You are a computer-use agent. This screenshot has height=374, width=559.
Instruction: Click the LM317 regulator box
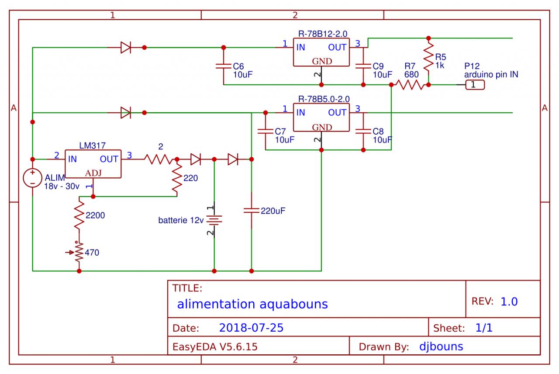coord(93,164)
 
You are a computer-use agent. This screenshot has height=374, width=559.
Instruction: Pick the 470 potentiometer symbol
coord(79,252)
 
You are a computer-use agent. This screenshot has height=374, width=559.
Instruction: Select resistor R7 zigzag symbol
coord(410,85)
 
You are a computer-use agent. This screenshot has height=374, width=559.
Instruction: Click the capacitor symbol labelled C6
coord(223,66)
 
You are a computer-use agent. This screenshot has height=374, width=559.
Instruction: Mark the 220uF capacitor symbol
coord(251,210)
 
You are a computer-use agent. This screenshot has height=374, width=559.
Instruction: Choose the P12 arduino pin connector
coord(475,85)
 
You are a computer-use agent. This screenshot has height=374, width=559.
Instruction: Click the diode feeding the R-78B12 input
coord(126,47)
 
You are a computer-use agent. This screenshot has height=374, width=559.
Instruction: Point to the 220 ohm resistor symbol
coord(177,178)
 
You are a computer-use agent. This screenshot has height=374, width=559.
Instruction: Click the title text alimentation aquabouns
coord(252,304)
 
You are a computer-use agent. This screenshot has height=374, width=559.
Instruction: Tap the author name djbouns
coord(441,347)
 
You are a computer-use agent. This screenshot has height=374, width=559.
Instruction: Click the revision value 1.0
coord(509,301)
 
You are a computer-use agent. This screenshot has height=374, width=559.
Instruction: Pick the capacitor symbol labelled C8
coord(363,132)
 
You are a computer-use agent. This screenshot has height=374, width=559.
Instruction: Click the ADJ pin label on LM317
coord(93,173)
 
